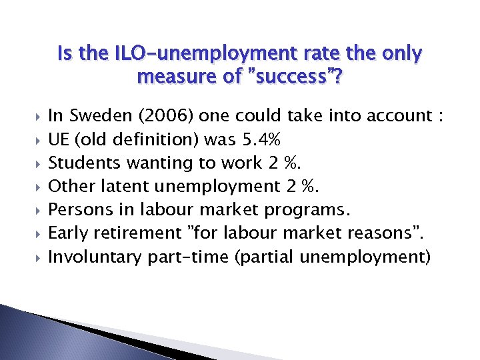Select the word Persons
point(78,209)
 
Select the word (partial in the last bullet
point(262,256)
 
